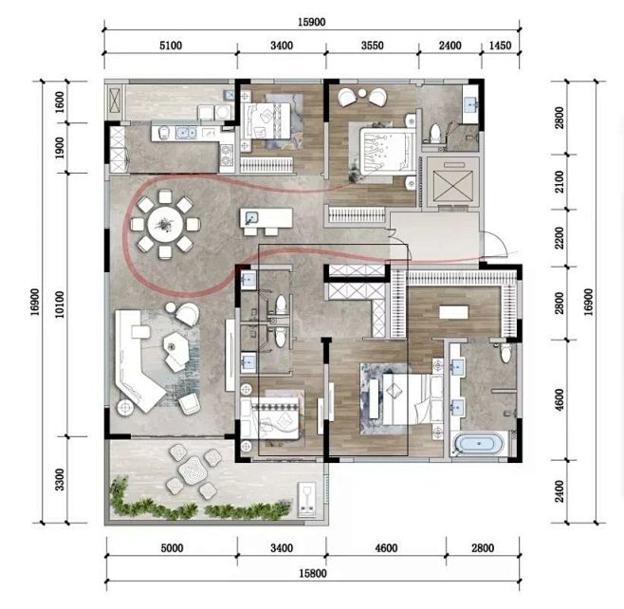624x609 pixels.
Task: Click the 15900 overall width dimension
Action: coord(312,22)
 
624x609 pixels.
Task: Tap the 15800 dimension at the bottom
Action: coord(313,574)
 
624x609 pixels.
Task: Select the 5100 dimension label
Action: coord(171,46)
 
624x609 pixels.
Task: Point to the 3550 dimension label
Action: coord(373,46)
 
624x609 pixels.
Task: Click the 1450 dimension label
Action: coord(500,46)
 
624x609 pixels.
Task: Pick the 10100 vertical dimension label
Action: coord(60,304)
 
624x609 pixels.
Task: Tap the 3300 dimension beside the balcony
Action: coord(60,480)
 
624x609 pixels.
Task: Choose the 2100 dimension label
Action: coord(560,182)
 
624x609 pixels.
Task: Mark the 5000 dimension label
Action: coord(172,548)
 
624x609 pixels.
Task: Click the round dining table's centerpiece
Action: coord(165,225)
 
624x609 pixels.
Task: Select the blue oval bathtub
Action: coord(479,443)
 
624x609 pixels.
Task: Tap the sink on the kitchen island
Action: coord(251,218)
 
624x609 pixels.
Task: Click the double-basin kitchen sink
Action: coord(186,132)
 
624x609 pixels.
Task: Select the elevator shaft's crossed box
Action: coord(452,186)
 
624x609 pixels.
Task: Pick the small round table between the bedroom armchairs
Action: coord(361,93)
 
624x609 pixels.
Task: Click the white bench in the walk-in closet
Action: coord(453,312)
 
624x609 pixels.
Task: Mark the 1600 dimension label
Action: coord(60,102)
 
